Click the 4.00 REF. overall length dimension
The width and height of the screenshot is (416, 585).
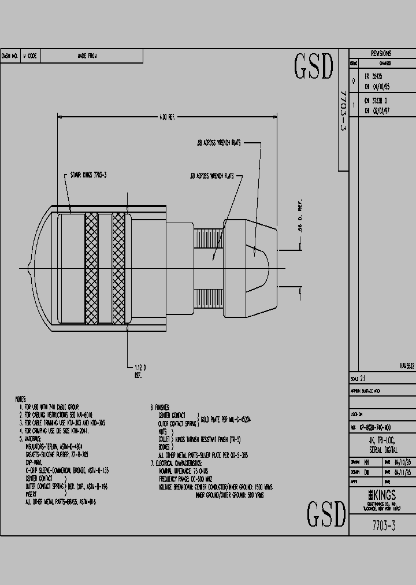(167, 117)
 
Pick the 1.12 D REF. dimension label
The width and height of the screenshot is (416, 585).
(139, 371)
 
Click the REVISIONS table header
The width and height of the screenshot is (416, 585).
(381, 53)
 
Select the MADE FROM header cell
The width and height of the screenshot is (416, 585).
(87, 56)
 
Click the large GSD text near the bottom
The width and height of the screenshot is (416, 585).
(326, 513)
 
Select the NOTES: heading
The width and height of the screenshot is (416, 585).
(21, 399)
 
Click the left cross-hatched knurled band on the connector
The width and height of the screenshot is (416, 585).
(91, 268)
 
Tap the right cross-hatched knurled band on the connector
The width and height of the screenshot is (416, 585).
(118, 268)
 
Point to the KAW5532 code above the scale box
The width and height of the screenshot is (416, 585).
(406, 366)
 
